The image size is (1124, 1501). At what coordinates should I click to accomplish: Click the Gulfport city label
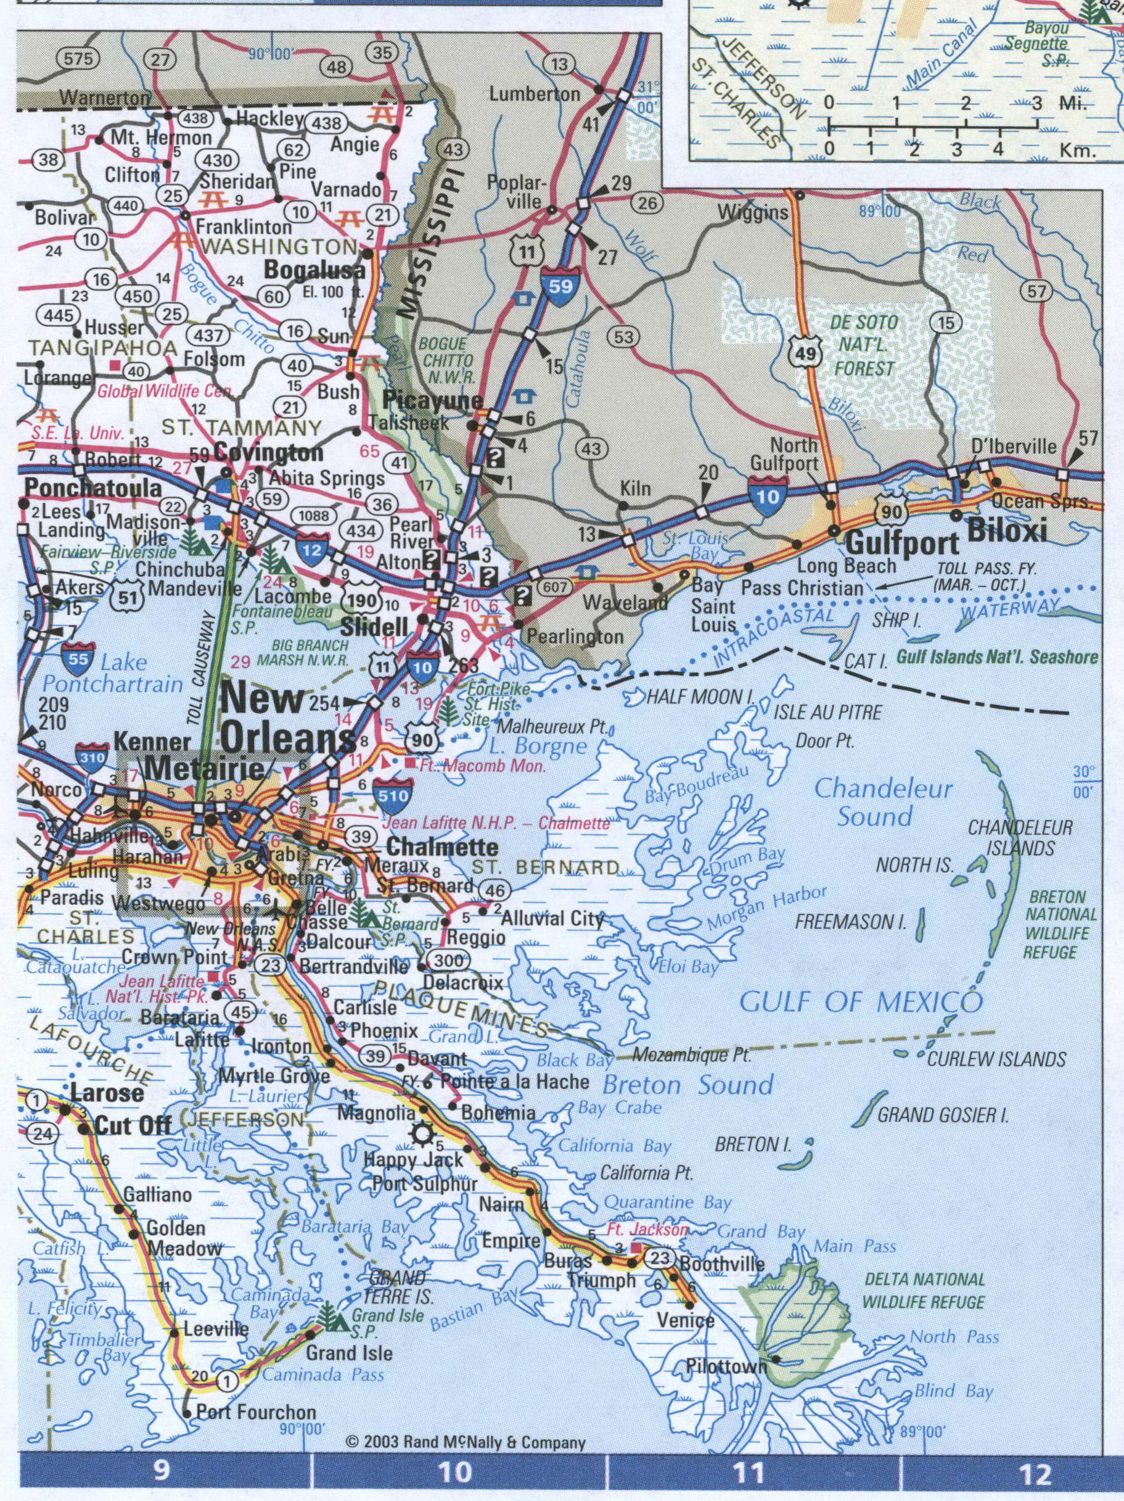point(902,543)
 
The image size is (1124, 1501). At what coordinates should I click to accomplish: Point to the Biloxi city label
point(1007,530)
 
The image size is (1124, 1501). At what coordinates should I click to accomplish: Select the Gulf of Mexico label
point(860,1001)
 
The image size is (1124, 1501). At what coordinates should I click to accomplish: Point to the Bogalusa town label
point(314,270)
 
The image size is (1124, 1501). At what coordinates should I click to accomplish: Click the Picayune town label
point(433,401)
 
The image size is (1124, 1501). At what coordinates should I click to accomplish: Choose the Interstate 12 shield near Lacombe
point(311,548)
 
